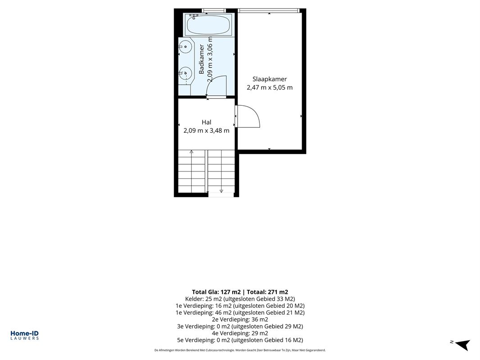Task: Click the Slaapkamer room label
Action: pos(269,79)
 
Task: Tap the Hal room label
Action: pos(206,122)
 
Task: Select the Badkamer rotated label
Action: pos(201,59)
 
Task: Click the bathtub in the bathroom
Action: pos(208,25)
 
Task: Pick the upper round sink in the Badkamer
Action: pos(185,47)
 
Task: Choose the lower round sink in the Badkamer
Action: pos(185,73)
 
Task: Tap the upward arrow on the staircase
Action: pos(192,171)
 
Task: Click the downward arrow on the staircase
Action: pos(222,171)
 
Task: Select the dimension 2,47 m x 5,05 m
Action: pos(270,87)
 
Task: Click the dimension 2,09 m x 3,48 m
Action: pos(206,130)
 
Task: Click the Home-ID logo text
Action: pos(24,333)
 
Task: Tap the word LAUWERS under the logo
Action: pos(24,338)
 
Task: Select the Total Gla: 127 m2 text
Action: pos(217,292)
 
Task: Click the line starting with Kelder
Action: pos(240,299)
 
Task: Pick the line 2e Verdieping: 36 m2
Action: pos(240,319)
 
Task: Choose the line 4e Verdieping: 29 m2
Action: pos(240,333)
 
